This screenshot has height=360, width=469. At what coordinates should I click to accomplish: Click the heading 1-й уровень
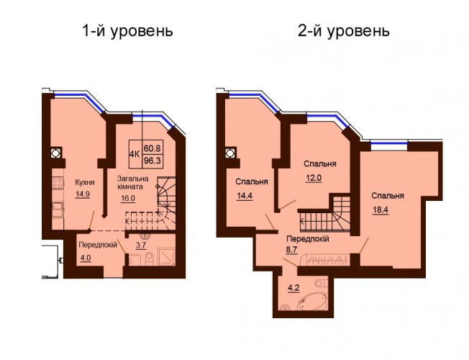coord(127,32)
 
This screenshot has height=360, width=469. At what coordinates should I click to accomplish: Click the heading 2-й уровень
coord(344,32)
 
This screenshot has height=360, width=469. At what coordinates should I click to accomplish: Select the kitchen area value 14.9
coord(83,194)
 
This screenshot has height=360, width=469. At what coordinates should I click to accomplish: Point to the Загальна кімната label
coord(133,183)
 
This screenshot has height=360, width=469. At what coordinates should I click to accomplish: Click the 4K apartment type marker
coord(135,154)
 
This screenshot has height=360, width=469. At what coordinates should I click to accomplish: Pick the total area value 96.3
coord(152,161)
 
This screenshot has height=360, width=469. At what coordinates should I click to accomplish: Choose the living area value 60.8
coord(152,148)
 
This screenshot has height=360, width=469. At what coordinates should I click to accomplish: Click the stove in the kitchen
coord(58,182)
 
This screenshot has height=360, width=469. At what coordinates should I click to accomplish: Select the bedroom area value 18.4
coord(381,210)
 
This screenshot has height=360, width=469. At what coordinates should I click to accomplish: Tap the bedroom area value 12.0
coord(314,178)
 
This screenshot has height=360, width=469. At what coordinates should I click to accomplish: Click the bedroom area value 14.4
coord(245,196)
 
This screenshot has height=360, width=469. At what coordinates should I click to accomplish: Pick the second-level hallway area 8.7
coord(291,250)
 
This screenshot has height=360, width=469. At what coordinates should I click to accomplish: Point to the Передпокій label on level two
coord(308,239)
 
